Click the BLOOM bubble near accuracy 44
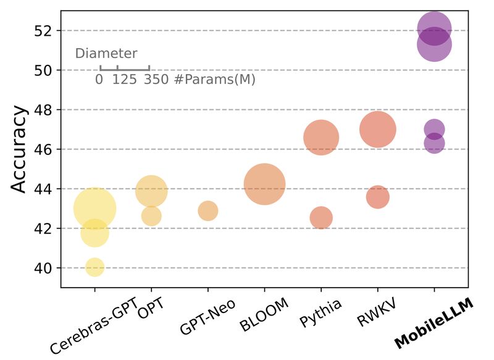pos(264,184)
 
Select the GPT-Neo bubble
pos(208,211)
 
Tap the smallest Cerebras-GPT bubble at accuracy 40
pos(94,267)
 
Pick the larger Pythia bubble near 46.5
pos(321,138)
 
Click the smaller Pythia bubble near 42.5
pos(321,217)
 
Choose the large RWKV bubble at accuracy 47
pos(377,129)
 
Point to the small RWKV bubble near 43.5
pos(377,197)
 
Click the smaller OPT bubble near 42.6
pos(151,216)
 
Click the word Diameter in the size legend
pos(106,54)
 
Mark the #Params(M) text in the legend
pos(214,80)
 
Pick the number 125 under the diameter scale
pos(124,80)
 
